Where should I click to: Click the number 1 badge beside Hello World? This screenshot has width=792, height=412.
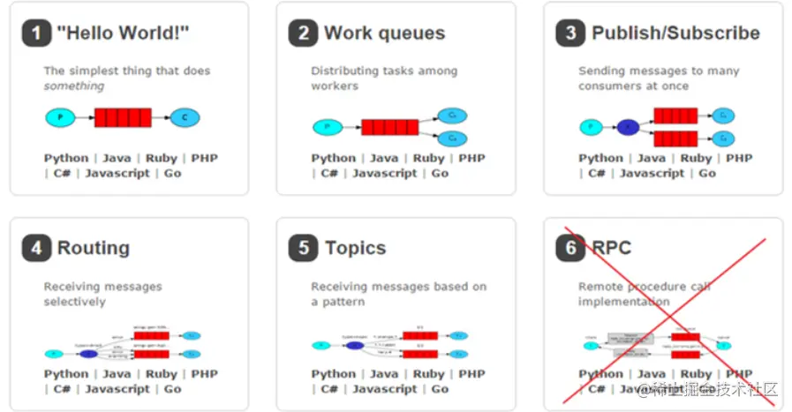(36, 34)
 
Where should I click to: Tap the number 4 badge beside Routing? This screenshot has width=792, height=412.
(36, 249)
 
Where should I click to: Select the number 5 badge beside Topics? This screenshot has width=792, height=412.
(303, 249)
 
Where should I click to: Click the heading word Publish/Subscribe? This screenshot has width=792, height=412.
(675, 34)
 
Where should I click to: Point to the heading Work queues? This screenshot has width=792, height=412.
(384, 34)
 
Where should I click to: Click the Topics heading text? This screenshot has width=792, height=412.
(355, 249)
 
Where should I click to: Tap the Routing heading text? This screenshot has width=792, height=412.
(93, 249)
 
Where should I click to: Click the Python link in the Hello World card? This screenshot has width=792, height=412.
(66, 159)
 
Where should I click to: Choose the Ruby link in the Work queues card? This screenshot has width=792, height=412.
(428, 159)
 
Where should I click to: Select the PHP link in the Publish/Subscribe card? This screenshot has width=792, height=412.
(739, 159)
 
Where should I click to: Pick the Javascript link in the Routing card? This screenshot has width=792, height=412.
(117, 389)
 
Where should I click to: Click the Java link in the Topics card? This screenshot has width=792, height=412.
(383, 374)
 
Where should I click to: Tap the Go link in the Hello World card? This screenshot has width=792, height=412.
(173, 174)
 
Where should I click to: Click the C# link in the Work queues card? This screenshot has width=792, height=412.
(329, 174)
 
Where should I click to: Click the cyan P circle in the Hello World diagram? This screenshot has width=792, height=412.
(60, 116)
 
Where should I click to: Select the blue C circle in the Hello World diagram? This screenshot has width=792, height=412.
(185, 116)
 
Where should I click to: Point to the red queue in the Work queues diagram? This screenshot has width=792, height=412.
(389, 127)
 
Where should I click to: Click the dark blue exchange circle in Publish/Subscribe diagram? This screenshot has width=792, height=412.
(628, 127)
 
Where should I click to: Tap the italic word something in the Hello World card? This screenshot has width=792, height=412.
(74, 86)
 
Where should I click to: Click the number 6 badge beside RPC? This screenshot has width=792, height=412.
(570, 249)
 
